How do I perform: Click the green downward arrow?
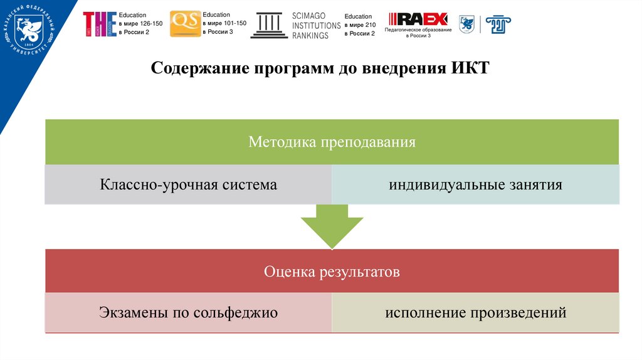tap(332, 229)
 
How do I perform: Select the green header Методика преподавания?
tap(332, 142)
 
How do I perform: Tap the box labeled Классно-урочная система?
tap(188, 185)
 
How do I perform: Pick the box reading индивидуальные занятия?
tap(475, 185)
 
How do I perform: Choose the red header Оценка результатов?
tap(332, 272)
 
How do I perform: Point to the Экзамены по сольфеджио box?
tap(188, 312)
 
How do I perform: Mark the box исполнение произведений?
tap(475, 312)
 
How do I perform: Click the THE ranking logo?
tap(99, 24)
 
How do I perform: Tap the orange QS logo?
tap(185, 23)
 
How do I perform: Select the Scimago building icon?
tap(269, 25)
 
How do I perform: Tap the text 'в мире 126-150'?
tap(141, 23)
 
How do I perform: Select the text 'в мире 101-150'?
tap(225, 23)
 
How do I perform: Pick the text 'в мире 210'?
tap(360, 25)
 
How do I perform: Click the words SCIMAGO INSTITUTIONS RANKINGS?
tap(316, 25)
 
